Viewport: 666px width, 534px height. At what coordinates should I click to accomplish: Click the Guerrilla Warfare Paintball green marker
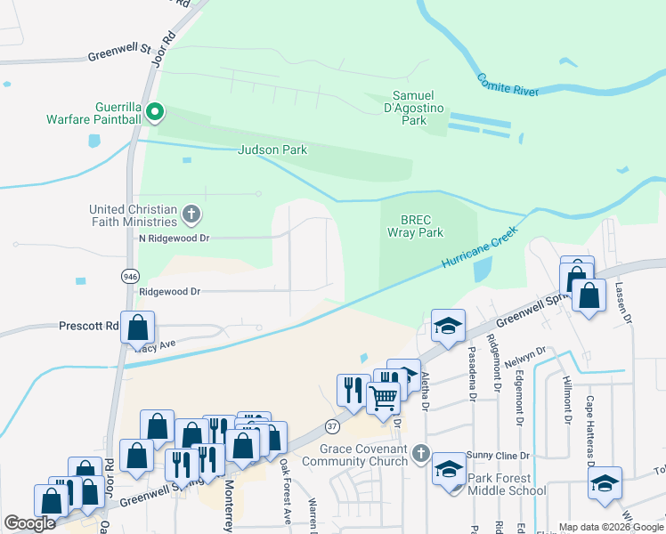click(155, 111)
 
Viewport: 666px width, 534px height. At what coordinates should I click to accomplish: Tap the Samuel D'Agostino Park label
click(413, 108)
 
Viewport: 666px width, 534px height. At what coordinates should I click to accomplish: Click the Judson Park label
click(272, 150)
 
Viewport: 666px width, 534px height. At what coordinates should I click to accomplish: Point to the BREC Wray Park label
click(415, 225)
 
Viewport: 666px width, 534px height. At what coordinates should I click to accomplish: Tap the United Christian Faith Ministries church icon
click(191, 214)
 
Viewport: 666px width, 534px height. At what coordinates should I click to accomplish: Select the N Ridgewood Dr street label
click(173, 239)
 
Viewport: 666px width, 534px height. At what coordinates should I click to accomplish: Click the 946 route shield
click(131, 277)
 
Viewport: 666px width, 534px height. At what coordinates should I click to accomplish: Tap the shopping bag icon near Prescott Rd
click(138, 328)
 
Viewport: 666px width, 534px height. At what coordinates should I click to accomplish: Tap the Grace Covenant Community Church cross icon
click(423, 455)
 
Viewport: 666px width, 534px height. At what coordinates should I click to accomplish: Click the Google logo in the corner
click(29, 524)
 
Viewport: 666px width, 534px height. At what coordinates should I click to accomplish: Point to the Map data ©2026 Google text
click(610, 527)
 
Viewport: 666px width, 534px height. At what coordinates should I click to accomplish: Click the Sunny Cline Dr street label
click(501, 455)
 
